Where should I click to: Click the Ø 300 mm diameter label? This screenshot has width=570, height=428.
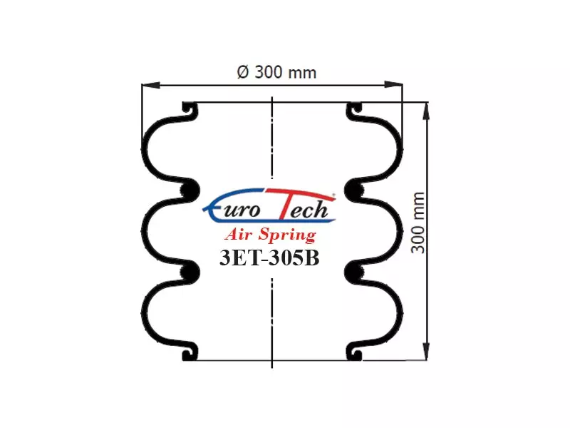(276, 72)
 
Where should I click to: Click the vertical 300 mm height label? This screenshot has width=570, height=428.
(418, 223)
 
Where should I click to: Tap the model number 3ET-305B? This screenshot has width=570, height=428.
(269, 258)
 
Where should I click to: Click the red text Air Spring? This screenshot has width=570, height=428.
(271, 235)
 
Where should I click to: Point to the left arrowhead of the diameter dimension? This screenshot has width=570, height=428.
(150, 85)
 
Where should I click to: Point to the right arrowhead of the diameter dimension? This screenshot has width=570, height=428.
(394, 85)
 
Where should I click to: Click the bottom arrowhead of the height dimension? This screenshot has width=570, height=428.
(426, 351)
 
